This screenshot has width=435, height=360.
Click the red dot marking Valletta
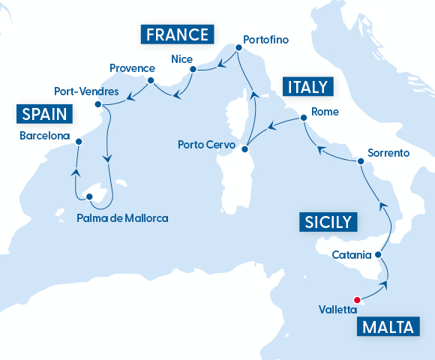coord(357,300)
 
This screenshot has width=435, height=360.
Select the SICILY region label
coord(328,222)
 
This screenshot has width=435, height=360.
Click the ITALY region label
coord(307,86)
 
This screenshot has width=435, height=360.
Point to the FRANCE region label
coord(177,34)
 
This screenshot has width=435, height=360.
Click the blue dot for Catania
coord(378,255)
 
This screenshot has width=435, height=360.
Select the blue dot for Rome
coord(304,120)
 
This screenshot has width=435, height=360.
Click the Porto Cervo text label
coord(205,144)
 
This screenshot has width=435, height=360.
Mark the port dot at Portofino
coord(238,48)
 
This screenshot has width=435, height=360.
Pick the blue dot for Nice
coord(193,70)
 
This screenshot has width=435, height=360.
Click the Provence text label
coord(132,67)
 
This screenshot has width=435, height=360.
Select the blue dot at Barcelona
coord(79,140)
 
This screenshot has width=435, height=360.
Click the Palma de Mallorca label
coord(122,218)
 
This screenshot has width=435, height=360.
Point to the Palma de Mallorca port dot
coord(89,197)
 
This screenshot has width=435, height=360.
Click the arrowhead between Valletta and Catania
coord(385,283)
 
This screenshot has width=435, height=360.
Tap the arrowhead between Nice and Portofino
coord(222,67)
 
